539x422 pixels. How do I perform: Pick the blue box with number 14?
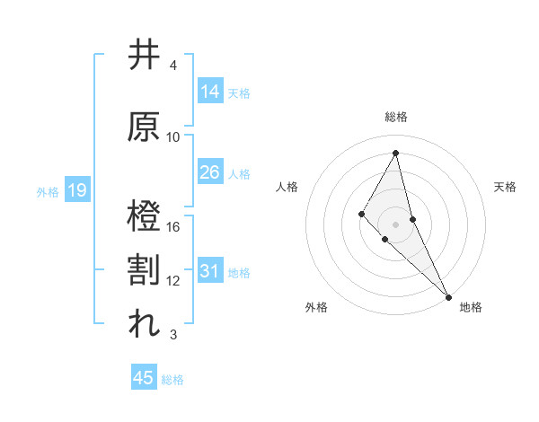point(210,92)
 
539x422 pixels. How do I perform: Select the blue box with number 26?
point(210,172)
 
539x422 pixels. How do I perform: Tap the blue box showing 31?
point(210,271)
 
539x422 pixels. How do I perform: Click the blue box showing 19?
point(76,190)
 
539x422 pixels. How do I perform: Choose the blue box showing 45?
point(144,378)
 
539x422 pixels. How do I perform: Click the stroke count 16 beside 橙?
point(173,226)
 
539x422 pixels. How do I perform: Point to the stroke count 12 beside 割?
point(173,280)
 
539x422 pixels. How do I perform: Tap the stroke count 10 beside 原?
point(173,136)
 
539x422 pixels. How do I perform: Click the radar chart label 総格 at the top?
point(395,117)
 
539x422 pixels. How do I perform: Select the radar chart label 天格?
point(506,187)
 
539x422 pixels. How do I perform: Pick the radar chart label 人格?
point(287,187)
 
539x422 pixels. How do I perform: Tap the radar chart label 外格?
point(316,307)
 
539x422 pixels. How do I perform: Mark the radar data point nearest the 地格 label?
point(447,295)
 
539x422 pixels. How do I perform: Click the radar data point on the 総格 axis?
point(395,152)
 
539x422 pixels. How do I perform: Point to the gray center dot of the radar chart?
point(395,224)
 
